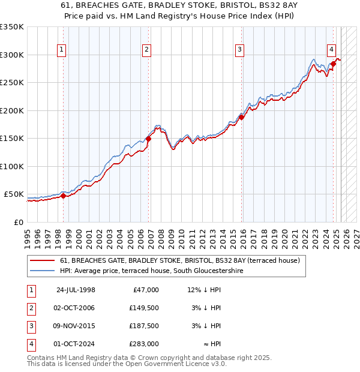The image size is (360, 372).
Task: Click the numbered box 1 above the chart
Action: pos(63,50)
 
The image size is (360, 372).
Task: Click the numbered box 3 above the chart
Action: pos(239,50)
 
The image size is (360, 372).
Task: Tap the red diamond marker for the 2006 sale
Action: pos(148,139)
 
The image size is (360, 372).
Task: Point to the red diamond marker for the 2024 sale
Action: pos(333,64)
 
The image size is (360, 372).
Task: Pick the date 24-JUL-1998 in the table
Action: pos(76,290)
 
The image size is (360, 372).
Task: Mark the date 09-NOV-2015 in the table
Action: pos(75,326)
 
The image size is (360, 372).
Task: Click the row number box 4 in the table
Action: pos(30,344)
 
